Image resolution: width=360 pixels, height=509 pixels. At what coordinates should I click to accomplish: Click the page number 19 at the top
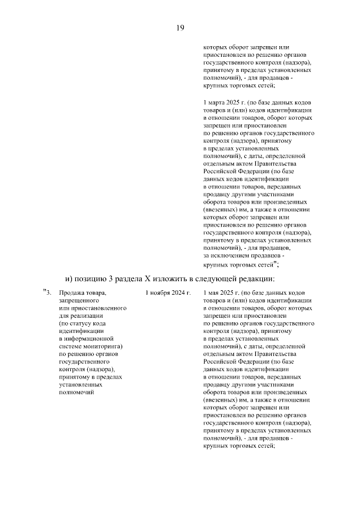180,28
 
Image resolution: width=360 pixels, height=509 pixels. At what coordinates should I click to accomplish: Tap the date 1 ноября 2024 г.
168,293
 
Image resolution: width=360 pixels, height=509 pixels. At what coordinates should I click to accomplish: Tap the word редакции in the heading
255,278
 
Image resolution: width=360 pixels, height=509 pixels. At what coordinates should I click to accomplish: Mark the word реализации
84,316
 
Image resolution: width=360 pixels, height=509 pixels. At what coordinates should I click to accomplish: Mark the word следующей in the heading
217,278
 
